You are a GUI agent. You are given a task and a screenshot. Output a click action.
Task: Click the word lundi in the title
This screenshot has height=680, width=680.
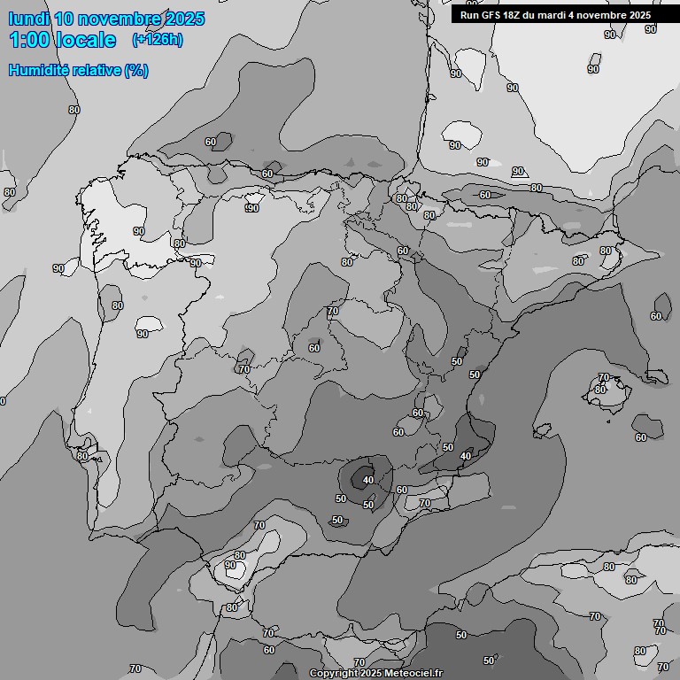pyautogui.click(x=29, y=19)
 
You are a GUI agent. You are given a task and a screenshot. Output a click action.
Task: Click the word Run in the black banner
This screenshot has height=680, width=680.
pyautogui.click(x=468, y=15)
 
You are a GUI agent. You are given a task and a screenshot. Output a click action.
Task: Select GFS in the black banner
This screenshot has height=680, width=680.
pyautogui.click(x=491, y=15)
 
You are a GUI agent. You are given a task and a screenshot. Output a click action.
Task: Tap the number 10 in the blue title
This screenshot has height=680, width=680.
pyautogui.click(x=65, y=19)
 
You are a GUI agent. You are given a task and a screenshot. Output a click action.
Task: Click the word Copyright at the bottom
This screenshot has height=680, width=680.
pyautogui.click(x=334, y=674)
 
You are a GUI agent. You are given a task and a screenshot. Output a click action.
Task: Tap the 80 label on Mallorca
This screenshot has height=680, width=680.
pyautogui.click(x=599, y=390)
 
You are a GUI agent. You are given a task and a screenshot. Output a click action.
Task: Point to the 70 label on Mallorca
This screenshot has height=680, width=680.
pyautogui.click(x=604, y=378)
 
